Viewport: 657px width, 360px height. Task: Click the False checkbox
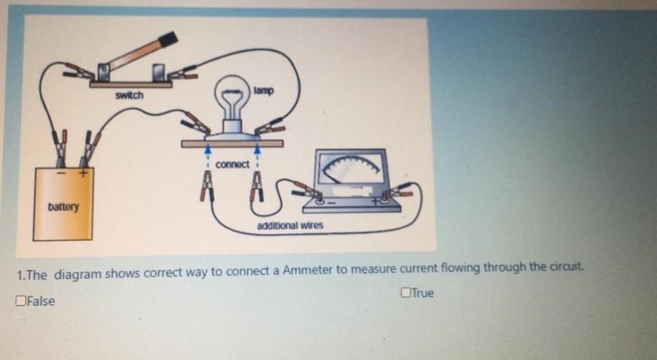pyautogui.click(x=20, y=301)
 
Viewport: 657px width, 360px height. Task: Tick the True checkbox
pyautogui.click(x=405, y=292)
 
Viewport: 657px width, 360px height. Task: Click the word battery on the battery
pyautogui.click(x=63, y=207)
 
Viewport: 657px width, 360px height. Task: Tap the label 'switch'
pyautogui.click(x=129, y=95)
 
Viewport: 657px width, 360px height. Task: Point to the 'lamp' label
pyautogui.click(x=264, y=91)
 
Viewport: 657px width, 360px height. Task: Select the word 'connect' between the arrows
pyautogui.click(x=233, y=165)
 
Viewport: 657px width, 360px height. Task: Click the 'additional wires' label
pyautogui.click(x=290, y=226)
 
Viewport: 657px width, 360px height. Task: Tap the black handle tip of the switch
pyautogui.click(x=169, y=39)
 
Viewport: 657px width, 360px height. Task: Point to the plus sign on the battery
pyautogui.click(x=84, y=173)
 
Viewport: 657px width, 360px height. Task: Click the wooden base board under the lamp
pyautogui.click(x=232, y=143)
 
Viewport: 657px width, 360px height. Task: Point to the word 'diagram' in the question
pyautogui.click(x=78, y=274)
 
